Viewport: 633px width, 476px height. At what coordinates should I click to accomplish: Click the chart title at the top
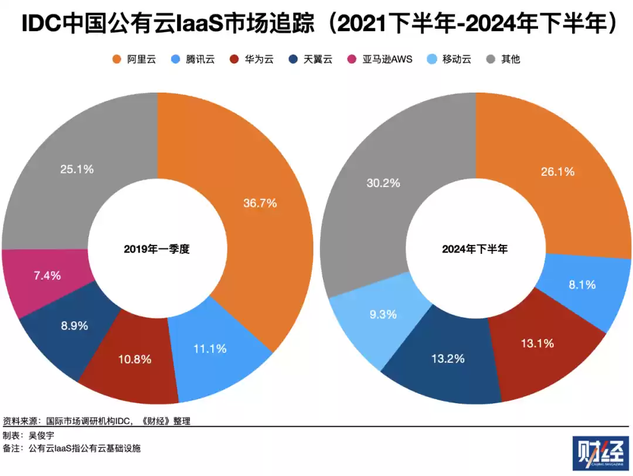(316, 25)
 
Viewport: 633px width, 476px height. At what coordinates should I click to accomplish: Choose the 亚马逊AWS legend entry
(381, 59)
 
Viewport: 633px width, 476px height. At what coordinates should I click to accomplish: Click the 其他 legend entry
(503, 59)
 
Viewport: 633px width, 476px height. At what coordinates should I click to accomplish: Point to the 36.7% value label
(260, 203)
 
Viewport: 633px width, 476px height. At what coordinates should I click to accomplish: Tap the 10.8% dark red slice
(135, 359)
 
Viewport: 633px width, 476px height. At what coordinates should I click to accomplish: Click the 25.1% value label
(77, 169)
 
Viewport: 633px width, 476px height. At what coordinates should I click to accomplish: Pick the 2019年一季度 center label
(157, 249)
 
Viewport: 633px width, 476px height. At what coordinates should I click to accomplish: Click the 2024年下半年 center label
(475, 249)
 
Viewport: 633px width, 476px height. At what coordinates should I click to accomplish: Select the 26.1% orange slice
(557, 172)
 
